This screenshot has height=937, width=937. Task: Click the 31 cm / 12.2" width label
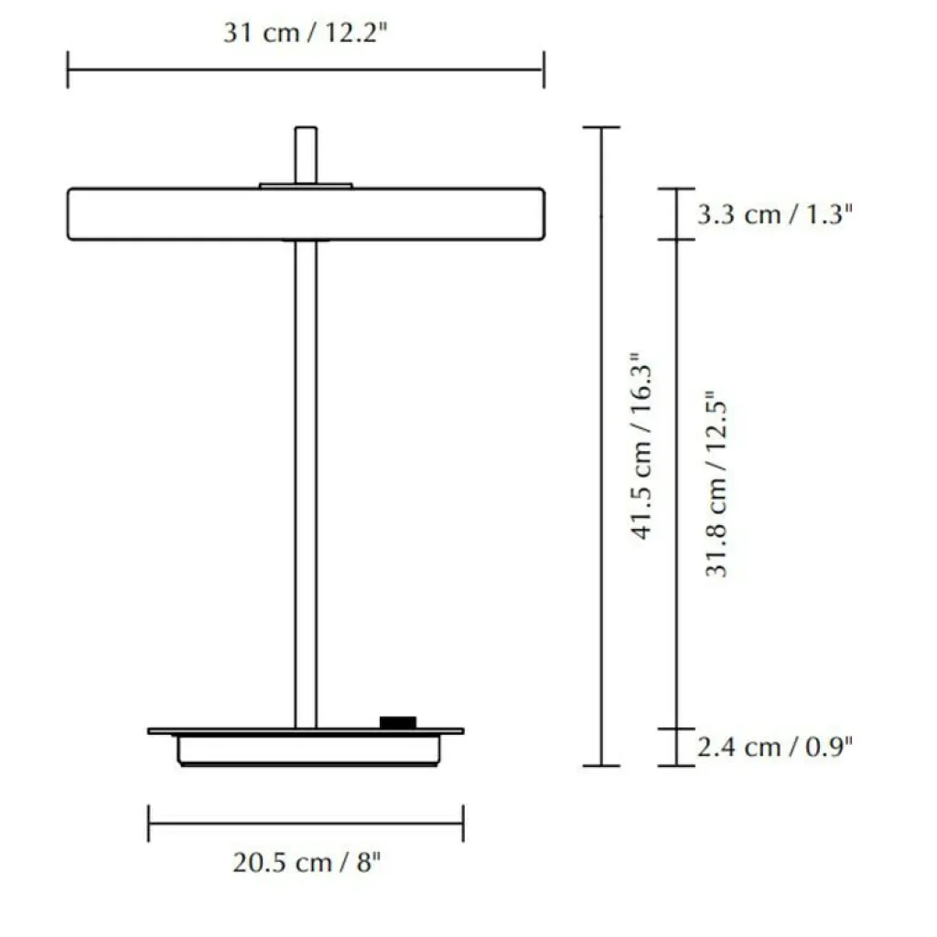point(307,34)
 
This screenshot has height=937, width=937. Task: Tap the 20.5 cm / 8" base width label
point(307,863)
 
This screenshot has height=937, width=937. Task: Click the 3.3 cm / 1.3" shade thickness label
point(775,215)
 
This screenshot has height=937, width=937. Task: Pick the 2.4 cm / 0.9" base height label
point(775,747)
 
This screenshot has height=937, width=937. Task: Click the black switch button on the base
point(398,723)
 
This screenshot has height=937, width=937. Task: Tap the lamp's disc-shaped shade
point(183,214)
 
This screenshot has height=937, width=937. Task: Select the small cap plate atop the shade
point(306,186)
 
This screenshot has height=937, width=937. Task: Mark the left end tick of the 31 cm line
point(68,70)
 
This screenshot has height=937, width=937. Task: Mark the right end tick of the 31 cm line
point(544,70)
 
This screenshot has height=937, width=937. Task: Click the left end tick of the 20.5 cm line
point(149,824)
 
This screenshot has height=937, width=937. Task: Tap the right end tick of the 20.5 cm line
point(463,824)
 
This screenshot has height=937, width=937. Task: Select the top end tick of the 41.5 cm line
point(601,127)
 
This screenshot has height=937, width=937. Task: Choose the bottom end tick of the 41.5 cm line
point(601,765)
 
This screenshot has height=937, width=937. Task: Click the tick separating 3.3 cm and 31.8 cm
point(676,240)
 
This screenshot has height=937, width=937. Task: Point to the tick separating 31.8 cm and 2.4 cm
point(676,729)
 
